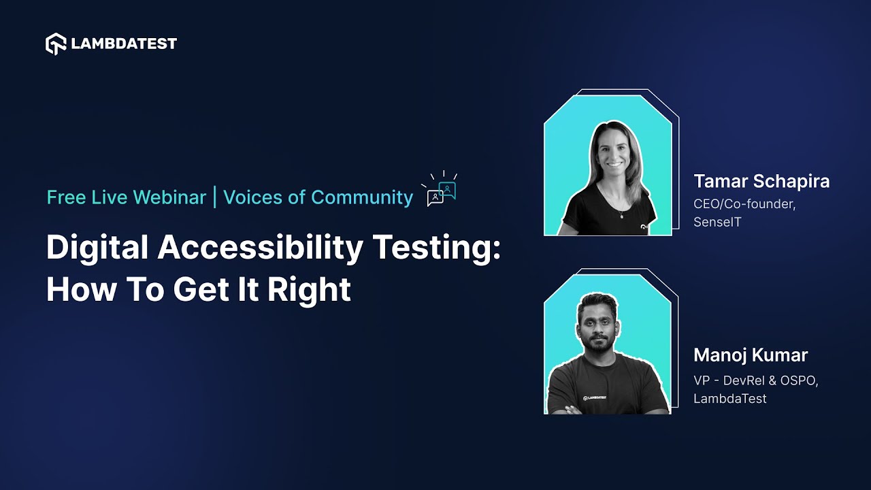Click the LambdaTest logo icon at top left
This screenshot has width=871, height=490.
coord(56,44)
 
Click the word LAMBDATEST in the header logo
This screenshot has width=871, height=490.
coord(124,44)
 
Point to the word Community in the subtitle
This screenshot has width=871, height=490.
coord(362,197)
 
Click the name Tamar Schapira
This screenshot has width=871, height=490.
coord(761,182)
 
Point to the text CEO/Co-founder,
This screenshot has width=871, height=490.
coord(744,203)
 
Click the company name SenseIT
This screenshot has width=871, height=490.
coord(718,222)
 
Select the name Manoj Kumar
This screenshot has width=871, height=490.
coord(751,355)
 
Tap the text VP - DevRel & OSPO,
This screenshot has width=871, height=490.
coord(756,380)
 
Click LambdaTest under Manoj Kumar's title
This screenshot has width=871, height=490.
coord(729,399)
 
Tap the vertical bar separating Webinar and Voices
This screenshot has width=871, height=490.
coord(215,197)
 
